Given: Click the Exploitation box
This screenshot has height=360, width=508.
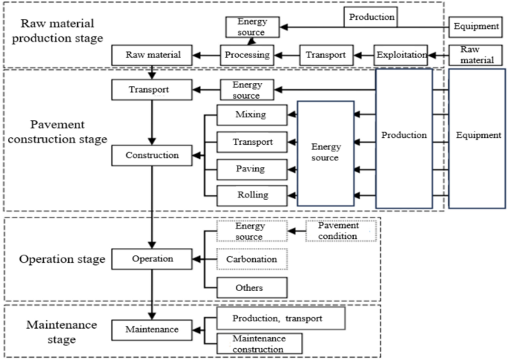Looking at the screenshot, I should pos(400,54).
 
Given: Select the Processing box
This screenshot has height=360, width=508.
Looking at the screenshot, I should pos(247,54).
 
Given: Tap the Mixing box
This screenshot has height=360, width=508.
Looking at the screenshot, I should pos(251,115).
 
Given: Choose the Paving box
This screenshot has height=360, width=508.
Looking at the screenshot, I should pos(251,169).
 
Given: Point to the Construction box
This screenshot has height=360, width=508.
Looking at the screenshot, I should pos(151,156).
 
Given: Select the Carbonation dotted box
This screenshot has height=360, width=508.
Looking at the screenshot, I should pos(251,259).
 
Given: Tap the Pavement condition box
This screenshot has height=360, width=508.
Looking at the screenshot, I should pos(341,231).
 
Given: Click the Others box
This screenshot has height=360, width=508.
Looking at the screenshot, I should pos(251,287).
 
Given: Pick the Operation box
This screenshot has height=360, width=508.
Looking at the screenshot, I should pos(151,259).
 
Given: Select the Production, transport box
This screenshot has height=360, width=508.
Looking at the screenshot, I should pos(280,319).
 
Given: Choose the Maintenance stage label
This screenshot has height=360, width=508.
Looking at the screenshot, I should pos(53,333).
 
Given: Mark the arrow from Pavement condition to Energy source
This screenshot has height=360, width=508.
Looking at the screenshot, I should pos(296,231).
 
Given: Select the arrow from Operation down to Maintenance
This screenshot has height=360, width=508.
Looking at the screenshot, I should pos(151,293).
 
